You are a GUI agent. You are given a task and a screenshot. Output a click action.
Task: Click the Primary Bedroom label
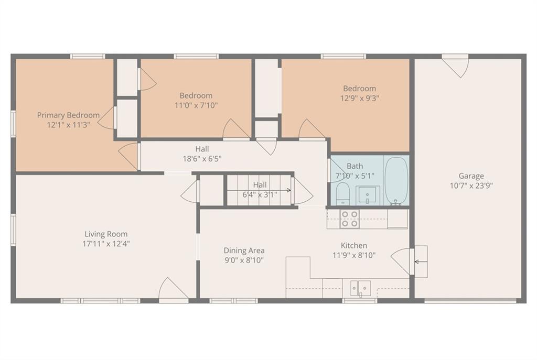pos(68,115)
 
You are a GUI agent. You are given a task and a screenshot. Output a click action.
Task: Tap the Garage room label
pos(471,176)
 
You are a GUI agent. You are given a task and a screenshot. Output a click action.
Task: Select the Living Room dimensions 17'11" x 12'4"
pos(106,244)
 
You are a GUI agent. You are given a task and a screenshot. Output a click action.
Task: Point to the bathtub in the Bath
pos(396,181)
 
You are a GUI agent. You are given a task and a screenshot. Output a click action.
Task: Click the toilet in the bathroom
pos(342,193)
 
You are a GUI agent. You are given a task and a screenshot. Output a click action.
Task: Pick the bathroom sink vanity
pos(368,195)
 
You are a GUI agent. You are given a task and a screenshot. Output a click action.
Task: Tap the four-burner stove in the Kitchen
pos(350,219)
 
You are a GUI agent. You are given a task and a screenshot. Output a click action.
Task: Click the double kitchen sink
pos(360,288)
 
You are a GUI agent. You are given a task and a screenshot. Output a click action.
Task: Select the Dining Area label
pos(244,250)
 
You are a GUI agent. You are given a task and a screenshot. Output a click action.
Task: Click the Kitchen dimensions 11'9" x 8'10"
pos(354,255)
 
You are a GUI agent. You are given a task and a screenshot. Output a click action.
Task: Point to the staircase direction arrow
pos(259,190)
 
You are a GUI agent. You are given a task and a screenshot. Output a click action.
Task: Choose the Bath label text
pos(355,166)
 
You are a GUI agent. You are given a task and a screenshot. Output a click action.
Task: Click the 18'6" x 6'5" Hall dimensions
pos(202,159)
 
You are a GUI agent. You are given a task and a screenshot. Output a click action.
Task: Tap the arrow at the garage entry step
pos(421,262)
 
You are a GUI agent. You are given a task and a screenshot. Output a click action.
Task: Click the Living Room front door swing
pos(174,289)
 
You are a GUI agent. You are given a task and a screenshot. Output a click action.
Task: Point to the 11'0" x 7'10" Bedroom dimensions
pos(196,105)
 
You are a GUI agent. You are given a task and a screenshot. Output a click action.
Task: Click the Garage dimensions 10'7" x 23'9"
pos(471,186)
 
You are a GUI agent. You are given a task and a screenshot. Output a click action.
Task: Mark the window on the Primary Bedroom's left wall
pos(13,124)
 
